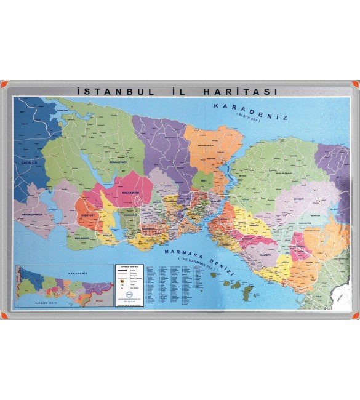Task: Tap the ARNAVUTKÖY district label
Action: (119, 164)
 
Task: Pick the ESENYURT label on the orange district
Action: (88, 215)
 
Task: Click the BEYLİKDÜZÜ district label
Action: (83, 236)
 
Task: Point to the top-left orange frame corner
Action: (4, 83)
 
